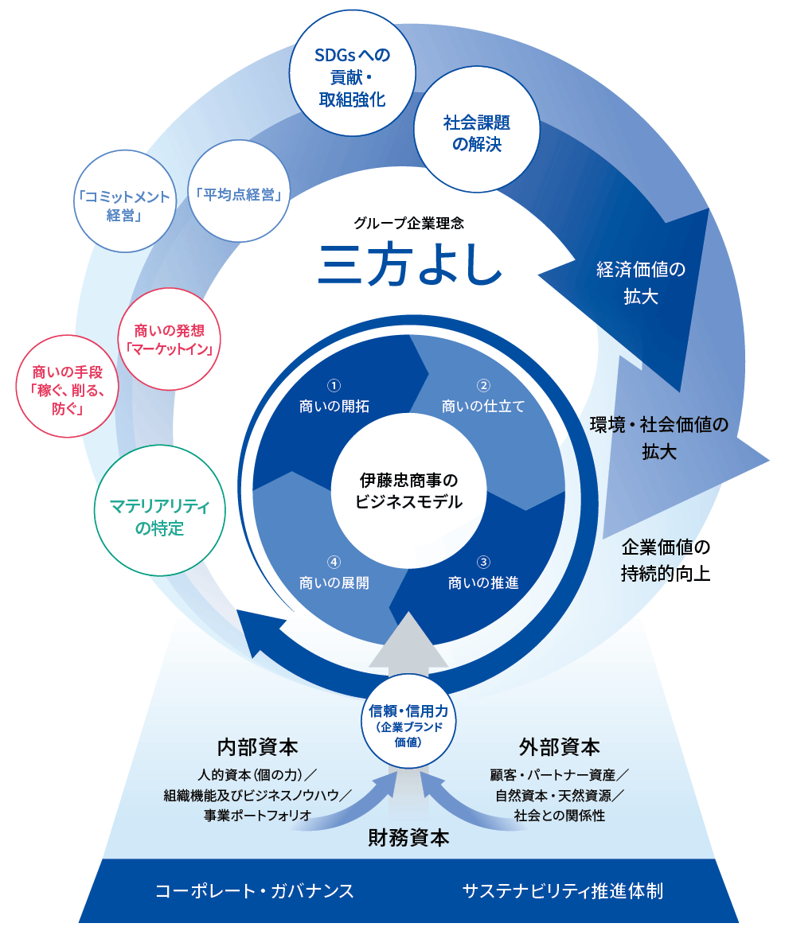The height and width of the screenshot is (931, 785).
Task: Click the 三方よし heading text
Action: coord(410,264)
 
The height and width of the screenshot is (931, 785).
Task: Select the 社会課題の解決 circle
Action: coord(476,134)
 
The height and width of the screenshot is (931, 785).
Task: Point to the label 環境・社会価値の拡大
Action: coord(659,438)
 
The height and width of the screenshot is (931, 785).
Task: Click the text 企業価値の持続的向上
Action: coord(665,560)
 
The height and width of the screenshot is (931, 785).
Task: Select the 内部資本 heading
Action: coord(258,748)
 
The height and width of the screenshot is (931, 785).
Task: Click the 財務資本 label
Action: coord(408,837)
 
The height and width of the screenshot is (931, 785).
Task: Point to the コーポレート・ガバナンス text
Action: coord(255,890)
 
